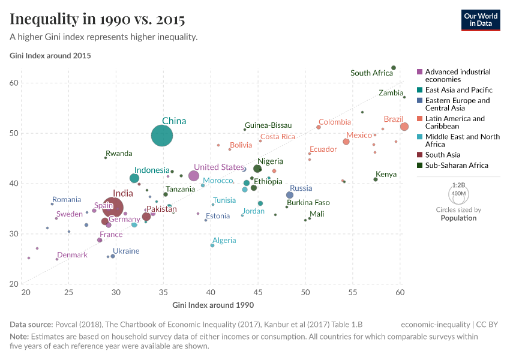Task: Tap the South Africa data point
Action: click(394, 68)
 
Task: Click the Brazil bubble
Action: click(404, 127)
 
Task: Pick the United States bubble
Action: click(194, 176)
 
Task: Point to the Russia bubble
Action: click(290, 195)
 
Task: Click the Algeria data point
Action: click(212, 245)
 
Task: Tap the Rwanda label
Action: click(119, 154)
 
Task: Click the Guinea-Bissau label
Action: click(268, 125)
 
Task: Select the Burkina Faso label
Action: click(308, 203)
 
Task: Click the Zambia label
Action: click(391, 93)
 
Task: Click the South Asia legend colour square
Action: click(419, 155)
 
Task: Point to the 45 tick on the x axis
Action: click(257, 292)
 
